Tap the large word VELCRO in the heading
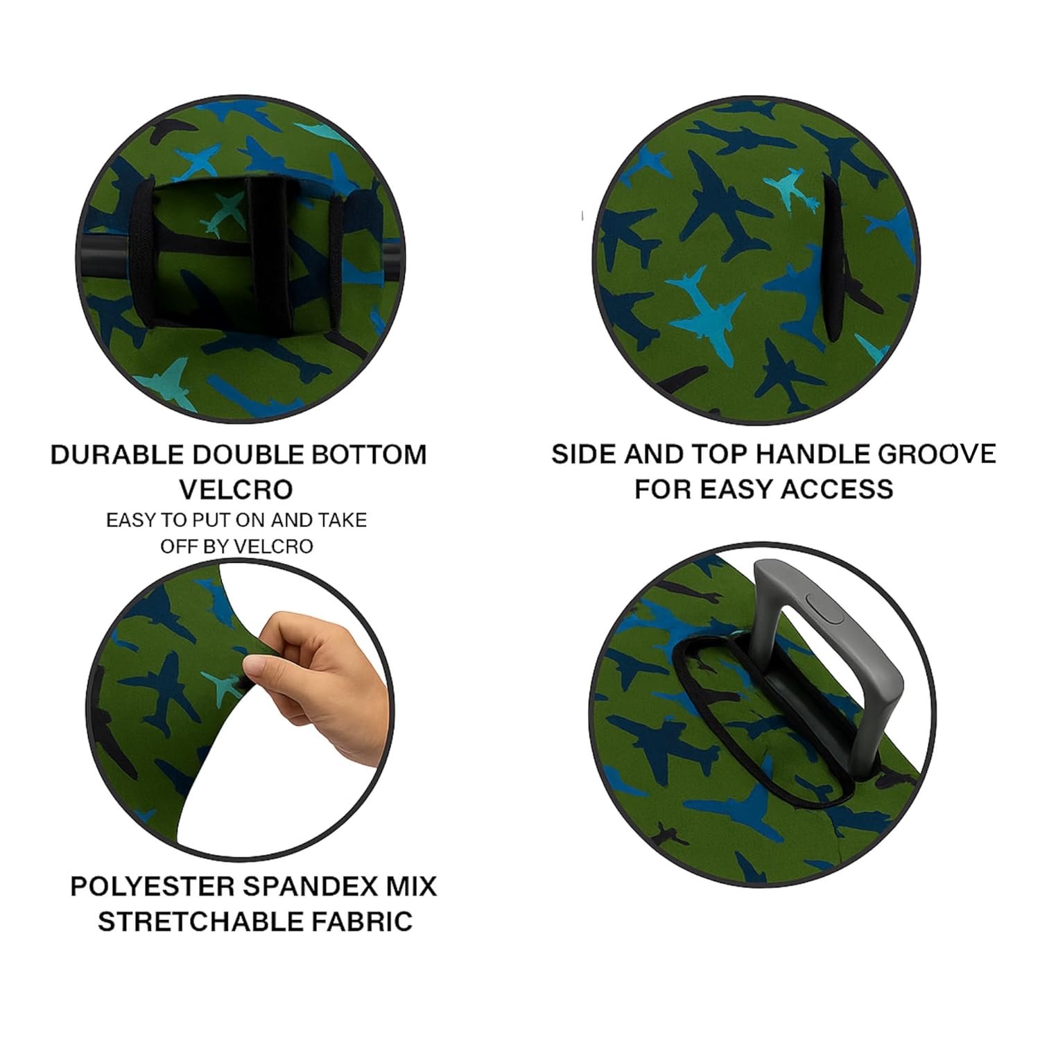(236, 489)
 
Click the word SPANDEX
(303, 887)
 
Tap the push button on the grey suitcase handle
(822, 610)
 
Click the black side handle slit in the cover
(831, 258)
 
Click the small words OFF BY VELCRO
(236, 546)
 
